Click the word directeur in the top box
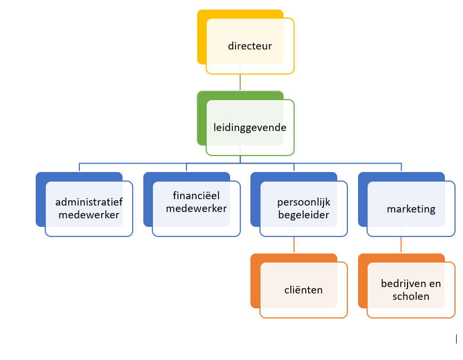click(250, 46)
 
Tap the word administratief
click(88, 202)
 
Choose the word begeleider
click(303, 215)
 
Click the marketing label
click(411, 209)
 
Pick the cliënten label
click(303, 290)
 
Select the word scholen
click(411, 297)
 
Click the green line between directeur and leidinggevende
click(240, 83)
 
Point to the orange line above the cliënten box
click(294, 244)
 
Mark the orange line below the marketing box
click(401, 244)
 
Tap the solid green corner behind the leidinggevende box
click(201, 120)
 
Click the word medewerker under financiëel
click(197, 208)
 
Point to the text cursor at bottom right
click(457, 338)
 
